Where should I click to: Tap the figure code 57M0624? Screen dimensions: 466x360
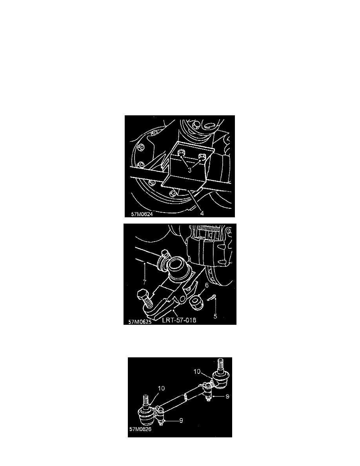(x=141, y=215)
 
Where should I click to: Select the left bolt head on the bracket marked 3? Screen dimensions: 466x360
(x=181, y=153)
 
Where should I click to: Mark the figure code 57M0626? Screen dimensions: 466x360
(x=140, y=429)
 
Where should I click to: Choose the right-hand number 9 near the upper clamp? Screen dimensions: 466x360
(x=223, y=397)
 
